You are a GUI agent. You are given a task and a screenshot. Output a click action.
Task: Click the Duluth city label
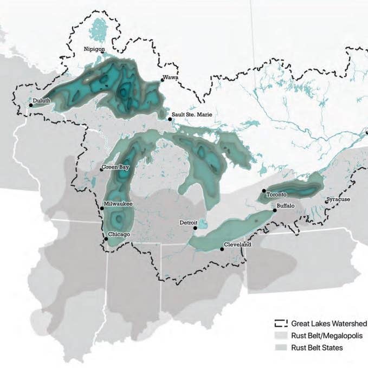42,100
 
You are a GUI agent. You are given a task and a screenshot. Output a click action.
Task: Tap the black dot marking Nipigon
102,53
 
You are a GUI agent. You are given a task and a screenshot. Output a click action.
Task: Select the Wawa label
171,78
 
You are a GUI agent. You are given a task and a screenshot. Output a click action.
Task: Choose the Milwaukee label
119,204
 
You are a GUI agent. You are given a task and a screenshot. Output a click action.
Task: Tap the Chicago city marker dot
105,237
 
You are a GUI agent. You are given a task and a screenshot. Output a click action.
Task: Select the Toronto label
276,194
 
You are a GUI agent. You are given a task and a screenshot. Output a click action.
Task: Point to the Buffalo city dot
275,210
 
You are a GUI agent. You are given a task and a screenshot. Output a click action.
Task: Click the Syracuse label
339,199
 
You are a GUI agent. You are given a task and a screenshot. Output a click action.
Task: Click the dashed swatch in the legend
280,324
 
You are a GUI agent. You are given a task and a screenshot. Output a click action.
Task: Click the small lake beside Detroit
202,224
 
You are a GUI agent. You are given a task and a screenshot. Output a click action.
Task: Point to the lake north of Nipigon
98,28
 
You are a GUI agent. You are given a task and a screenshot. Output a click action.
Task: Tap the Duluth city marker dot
31,105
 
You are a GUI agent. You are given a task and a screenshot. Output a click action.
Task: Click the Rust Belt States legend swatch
280,347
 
